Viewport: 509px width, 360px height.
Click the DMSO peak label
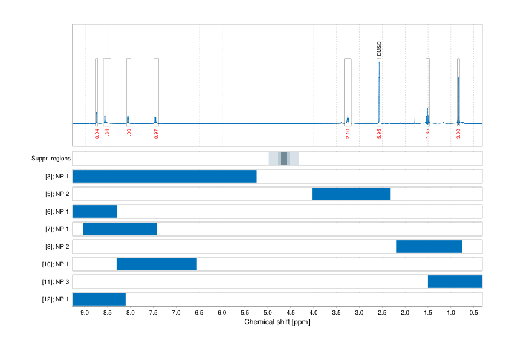point(379,49)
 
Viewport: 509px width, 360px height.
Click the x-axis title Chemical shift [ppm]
point(277,322)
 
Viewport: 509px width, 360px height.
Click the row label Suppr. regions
point(51,159)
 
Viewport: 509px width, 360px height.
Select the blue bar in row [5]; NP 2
point(351,194)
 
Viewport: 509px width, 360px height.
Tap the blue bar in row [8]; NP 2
point(429,247)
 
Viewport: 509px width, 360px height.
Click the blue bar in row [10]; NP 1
point(157,264)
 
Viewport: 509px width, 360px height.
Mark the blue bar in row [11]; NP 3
point(455,282)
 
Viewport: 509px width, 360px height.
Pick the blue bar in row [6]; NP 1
point(94,212)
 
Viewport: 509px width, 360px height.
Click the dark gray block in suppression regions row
point(284,159)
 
